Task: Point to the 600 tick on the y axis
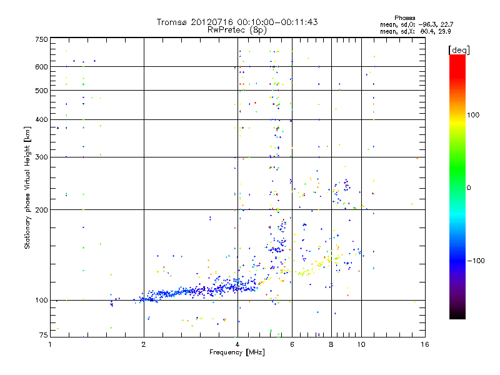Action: click(x=42, y=67)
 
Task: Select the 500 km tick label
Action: click(x=42, y=91)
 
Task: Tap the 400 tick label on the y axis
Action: click(x=42, y=120)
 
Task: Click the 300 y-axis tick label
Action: click(x=42, y=157)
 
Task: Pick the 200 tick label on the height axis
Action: click(x=42, y=210)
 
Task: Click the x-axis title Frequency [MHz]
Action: click(x=237, y=353)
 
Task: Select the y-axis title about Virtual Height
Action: click(x=27, y=187)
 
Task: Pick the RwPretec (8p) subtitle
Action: click(x=237, y=29)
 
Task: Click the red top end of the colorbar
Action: click(x=457, y=57)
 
